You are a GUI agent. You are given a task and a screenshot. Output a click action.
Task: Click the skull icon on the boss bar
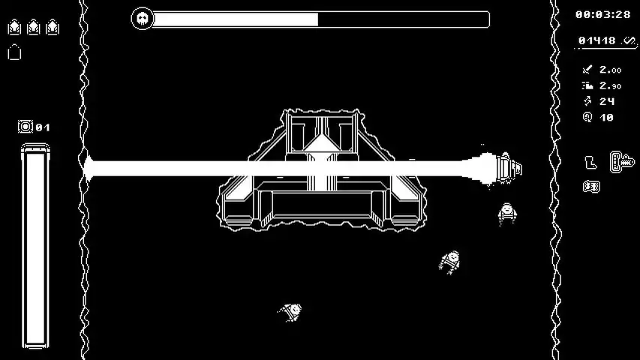coord(142,18)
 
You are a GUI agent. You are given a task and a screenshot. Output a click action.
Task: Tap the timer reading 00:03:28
coord(602,15)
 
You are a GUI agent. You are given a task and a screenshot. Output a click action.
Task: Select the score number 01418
coord(596,40)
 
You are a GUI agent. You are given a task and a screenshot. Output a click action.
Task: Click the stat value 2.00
coord(610,70)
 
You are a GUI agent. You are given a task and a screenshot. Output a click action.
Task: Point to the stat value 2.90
coord(610,85)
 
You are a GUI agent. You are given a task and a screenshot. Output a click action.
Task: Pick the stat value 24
coord(607,101)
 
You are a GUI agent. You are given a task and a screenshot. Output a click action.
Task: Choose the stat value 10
coord(606,118)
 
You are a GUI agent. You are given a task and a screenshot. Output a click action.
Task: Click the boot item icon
coord(590,163)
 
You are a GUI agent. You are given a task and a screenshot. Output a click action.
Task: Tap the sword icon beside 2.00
coord(587,70)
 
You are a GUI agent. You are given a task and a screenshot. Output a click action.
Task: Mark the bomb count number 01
coord(43,127)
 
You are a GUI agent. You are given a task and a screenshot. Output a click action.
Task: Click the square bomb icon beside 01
coord(25,127)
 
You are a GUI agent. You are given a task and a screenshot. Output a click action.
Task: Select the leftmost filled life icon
coord(14,27)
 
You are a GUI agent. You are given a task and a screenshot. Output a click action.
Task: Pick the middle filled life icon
coord(33,27)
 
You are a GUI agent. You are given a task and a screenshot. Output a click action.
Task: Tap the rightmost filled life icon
coord(53,27)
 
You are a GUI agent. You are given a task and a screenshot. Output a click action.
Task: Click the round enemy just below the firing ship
coord(507,214)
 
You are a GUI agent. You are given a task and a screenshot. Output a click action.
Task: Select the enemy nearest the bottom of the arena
coord(291,312)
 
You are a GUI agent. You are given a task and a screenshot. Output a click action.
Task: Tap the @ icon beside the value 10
coord(587,118)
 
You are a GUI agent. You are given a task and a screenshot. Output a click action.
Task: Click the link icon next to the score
coord(629,40)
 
